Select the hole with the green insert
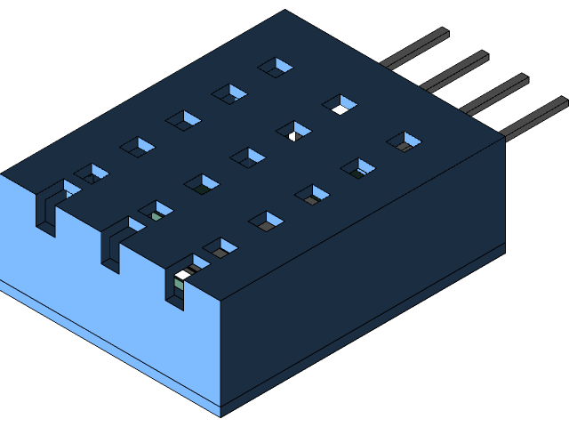[x=157, y=213]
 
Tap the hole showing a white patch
[x=293, y=133]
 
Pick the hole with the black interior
[x=340, y=105]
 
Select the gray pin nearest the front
[x=534, y=118]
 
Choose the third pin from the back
[x=494, y=94]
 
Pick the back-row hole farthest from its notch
[x=276, y=67]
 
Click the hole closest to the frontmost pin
[x=404, y=142]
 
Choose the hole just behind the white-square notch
[x=220, y=248]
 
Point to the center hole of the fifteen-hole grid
[x=248, y=158]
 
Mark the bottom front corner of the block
[x=220, y=415]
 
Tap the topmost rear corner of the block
[x=284, y=11]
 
